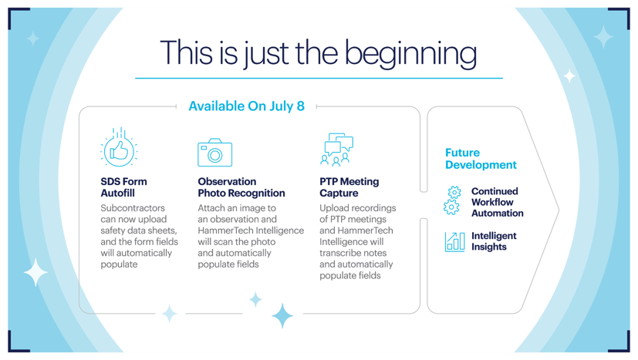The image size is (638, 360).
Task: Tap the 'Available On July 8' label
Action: click(247, 106)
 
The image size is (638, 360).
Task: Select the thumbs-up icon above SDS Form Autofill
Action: click(119, 147)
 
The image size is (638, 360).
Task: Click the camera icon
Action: click(214, 153)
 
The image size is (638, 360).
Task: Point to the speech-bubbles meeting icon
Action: click(337, 150)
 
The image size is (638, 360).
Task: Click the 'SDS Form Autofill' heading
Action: click(123, 187)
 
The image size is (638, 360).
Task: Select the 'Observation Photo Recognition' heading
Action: click(241, 187)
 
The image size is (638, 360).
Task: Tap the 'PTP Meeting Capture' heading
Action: click(349, 187)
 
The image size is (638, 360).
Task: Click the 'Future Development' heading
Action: click(481, 159)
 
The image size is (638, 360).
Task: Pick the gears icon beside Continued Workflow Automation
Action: click(452, 200)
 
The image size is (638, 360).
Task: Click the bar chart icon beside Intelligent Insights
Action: click(455, 242)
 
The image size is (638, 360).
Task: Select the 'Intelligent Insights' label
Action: click(494, 241)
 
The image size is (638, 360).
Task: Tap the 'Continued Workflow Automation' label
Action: click(498, 202)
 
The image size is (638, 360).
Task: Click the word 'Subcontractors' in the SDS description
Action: click(133, 208)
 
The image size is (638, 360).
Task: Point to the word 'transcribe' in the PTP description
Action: click(353, 253)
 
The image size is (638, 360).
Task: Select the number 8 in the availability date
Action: click(301, 106)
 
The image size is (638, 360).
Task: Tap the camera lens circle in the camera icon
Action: click(214, 155)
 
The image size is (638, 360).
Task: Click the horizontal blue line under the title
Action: click(319, 78)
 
